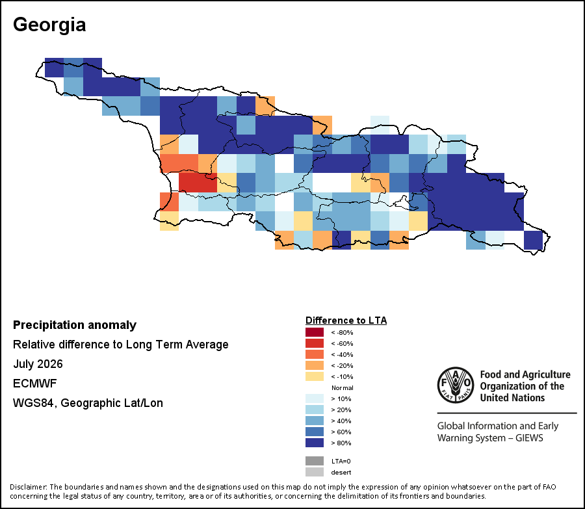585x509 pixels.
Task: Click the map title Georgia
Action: coord(49,25)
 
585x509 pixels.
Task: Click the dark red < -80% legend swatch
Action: coord(315,332)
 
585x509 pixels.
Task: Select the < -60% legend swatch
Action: coord(315,343)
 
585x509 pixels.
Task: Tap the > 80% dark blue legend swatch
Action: coord(315,443)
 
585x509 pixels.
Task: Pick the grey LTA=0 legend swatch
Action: coord(315,461)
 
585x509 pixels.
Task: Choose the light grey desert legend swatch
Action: coord(315,472)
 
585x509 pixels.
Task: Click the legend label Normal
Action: coord(342,387)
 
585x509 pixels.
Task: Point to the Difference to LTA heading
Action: coord(346,320)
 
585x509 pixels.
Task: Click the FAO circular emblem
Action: coord(456,385)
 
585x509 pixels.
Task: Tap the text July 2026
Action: coord(38,364)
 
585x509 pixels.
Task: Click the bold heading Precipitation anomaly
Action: coord(75,325)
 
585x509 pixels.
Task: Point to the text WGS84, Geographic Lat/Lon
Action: coord(88,403)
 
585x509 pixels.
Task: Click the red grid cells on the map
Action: coord(198,183)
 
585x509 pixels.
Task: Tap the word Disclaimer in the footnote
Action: coord(29,487)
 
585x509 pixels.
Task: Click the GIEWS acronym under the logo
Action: coord(529,437)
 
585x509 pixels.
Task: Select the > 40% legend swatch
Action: coord(315,421)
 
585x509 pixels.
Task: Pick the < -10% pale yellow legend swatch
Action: coord(315,376)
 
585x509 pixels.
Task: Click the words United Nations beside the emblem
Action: coord(512,398)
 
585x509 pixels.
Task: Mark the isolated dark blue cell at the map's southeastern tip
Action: coord(533,240)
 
